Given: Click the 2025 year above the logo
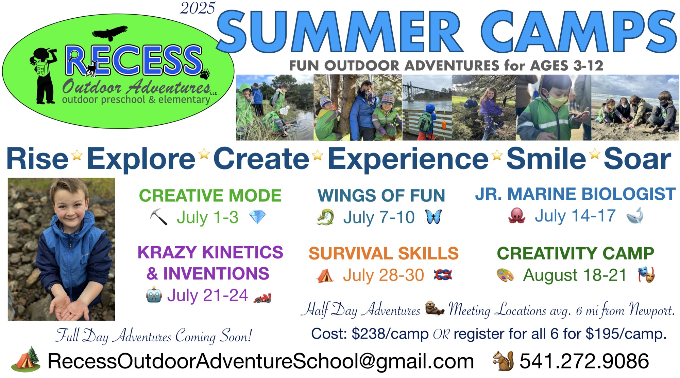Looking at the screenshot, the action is tap(198, 8).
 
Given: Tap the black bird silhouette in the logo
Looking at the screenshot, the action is tap(110, 33).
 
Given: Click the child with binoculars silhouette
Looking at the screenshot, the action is tap(44, 75).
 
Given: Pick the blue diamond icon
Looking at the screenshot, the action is tap(257, 217).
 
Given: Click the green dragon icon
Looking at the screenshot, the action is tap(325, 217).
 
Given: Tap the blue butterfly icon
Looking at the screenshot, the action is tap(434, 217).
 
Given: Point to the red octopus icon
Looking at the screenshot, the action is tap(517, 216).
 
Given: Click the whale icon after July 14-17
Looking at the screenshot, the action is tap(635, 215).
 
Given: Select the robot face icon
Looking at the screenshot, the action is tap(154, 295).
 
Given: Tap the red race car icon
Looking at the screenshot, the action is tap(262, 298).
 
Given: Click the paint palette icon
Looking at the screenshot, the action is tap(505, 275).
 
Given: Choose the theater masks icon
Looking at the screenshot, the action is tap(646, 275).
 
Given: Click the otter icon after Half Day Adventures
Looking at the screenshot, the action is tap(435, 308).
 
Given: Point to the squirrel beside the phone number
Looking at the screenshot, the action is tap(503, 361).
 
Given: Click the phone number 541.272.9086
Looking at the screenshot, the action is tap(584, 361).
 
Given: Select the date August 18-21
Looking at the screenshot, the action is tap(575, 275).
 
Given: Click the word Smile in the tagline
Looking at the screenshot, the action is tap(546, 159).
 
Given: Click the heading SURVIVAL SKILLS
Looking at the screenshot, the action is tap(384, 253).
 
